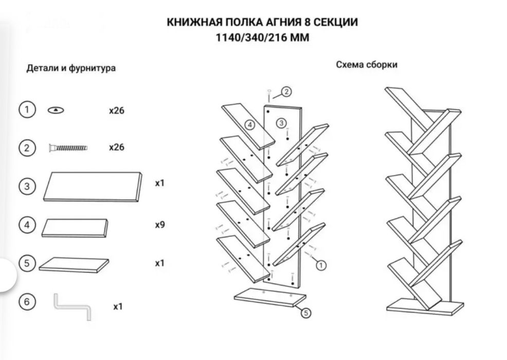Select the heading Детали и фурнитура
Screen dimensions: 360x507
71,68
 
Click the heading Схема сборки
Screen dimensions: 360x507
367,65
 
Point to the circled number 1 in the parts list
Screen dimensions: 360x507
27,110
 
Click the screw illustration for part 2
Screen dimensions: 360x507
68,148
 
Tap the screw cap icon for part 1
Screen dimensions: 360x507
56,110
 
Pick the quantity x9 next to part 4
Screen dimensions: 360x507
159,225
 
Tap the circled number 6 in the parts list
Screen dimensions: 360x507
27,302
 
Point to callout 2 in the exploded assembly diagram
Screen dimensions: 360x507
286,92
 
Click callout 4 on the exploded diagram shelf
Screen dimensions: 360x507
249,125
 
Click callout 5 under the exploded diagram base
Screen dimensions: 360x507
305,312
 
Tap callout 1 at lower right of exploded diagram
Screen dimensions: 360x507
320,265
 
